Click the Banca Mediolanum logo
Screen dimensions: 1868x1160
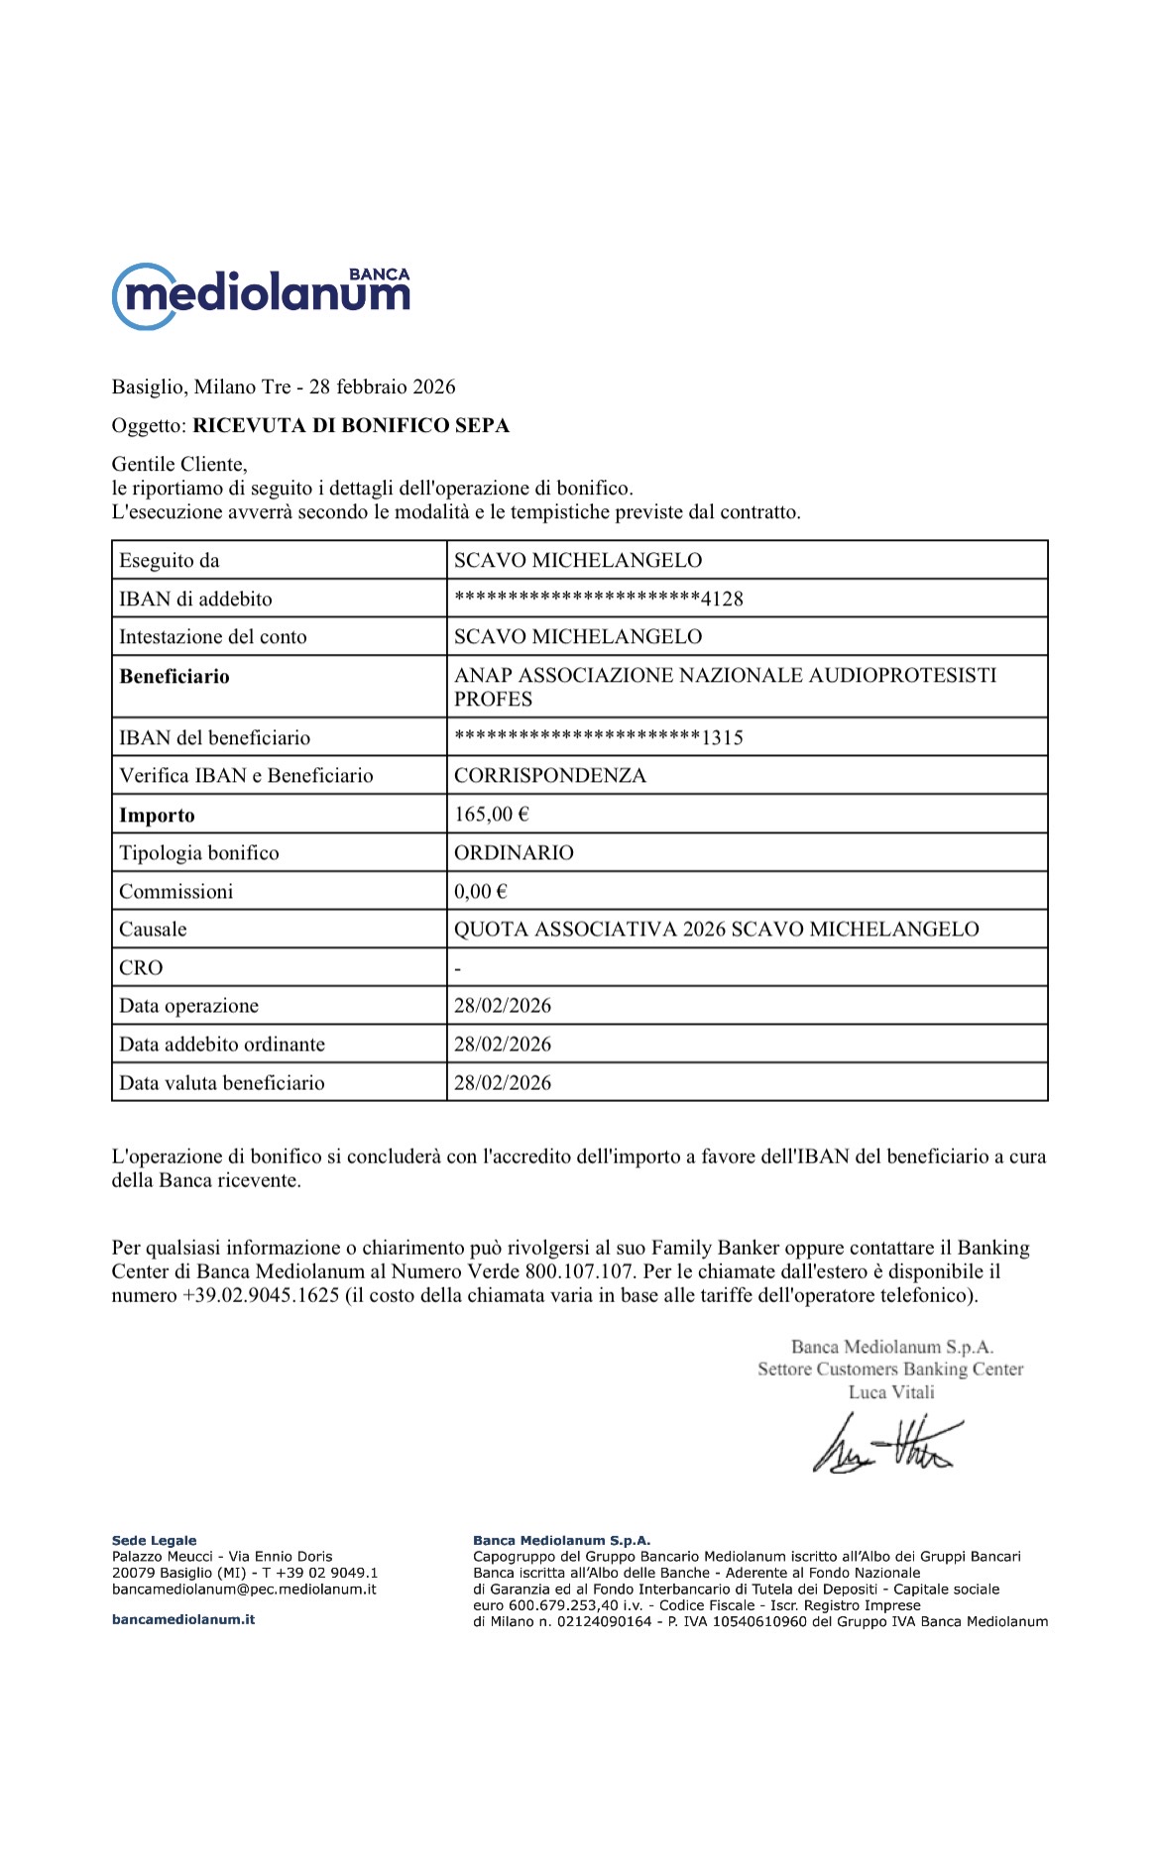click(x=261, y=294)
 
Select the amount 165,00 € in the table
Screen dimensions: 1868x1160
click(x=491, y=815)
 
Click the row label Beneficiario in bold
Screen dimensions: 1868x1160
click(x=174, y=677)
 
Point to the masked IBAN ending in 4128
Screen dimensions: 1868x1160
click(x=598, y=599)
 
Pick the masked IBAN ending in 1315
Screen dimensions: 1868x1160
click(x=598, y=737)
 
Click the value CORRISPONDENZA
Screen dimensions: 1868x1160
click(x=549, y=776)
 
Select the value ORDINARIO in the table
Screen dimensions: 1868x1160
click(x=514, y=853)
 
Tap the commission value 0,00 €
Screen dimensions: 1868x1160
click(x=480, y=892)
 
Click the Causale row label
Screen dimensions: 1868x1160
click(x=153, y=930)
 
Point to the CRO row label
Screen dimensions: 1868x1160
click(x=141, y=968)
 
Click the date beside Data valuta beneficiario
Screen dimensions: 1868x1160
click(x=502, y=1083)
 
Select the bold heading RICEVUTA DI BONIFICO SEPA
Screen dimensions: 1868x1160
click(x=351, y=426)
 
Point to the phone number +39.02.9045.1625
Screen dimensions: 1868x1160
click(x=261, y=1295)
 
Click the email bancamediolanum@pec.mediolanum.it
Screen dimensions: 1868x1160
click(x=244, y=1589)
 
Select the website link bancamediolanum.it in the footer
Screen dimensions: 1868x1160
click(x=183, y=1619)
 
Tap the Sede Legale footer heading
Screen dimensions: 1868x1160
click(x=154, y=1540)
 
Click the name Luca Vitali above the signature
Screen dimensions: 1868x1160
click(x=890, y=1392)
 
